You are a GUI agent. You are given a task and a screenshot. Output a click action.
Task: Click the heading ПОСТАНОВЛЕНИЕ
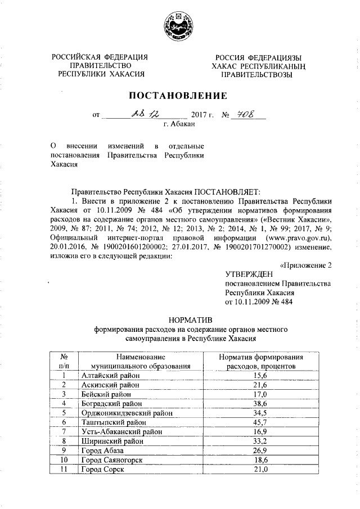tap(180, 95)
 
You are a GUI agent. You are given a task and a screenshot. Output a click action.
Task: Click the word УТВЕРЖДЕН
tap(249, 274)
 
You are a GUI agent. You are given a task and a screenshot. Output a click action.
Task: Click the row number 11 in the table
tap(65, 470)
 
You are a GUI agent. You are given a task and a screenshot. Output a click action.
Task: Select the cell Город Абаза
tap(102, 451)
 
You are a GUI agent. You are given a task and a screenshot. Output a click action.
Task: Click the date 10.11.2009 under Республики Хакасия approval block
tap(246, 302)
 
